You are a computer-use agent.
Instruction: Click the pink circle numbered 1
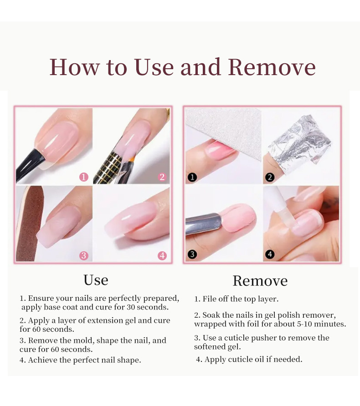click(84, 177)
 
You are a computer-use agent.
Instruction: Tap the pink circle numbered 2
click(162, 177)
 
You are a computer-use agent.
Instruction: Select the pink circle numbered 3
click(84, 256)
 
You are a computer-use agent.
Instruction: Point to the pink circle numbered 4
click(162, 256)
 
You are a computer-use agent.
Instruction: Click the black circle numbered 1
click(192, 178)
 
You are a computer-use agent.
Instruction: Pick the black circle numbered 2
click(270, 178)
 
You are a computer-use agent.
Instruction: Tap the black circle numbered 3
click(192, 254)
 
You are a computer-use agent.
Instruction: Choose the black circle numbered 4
click(270, 254)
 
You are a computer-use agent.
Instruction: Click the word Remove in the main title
click(272, 67)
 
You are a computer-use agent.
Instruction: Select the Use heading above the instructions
click(96, 280)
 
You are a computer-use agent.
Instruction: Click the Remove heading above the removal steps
click(260, 281)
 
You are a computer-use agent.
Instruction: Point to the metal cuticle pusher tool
click(204, 223)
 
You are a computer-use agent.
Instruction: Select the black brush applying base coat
click(29, 166)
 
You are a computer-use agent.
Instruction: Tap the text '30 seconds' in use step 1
click(148, 307)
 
